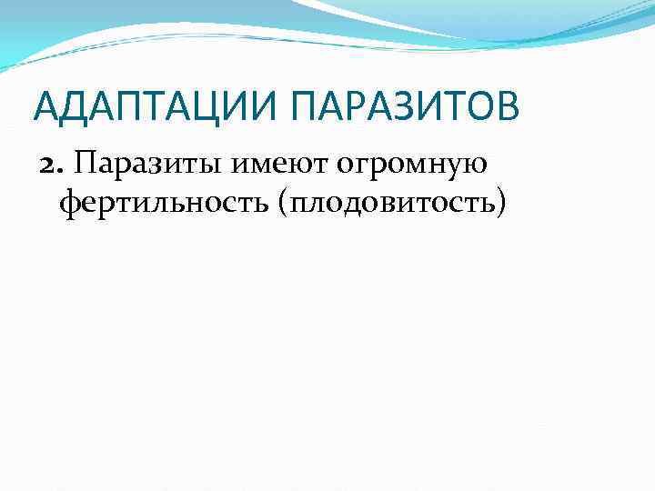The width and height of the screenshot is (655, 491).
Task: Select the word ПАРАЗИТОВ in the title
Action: (405, 107)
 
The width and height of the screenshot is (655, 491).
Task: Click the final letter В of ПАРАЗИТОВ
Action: (507, 107)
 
